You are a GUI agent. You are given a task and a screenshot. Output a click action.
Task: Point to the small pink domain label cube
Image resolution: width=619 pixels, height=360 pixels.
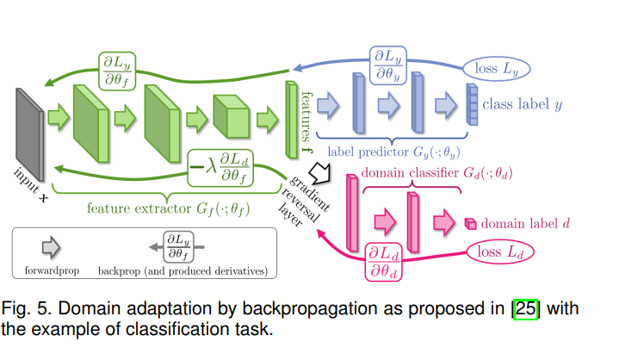tap(470, 223)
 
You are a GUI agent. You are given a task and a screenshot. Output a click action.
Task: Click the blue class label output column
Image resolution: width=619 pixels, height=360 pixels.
tap(471, 105)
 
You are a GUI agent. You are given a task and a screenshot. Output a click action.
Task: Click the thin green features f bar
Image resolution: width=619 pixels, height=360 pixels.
tap(290, 114)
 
